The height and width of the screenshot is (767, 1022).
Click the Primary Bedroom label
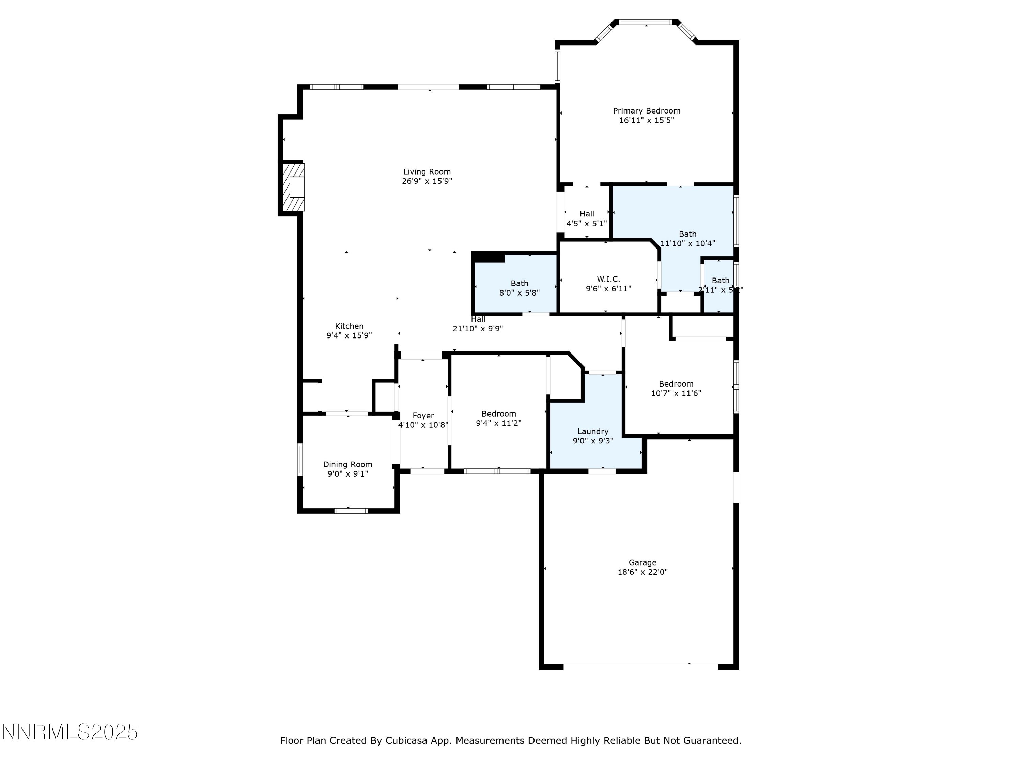(646, 111)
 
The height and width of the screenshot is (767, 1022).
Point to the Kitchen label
(349, 326)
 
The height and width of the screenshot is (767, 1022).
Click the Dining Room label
(347, 464)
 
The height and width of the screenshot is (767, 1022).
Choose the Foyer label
(423, 416)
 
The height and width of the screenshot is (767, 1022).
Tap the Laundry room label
(592, 431)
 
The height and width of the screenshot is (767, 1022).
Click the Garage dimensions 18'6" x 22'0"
(642, 572)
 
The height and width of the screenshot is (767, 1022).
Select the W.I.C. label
(608, 279)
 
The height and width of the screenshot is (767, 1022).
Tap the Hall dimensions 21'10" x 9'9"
(477, 329)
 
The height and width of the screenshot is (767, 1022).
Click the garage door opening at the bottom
(640, 667)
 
